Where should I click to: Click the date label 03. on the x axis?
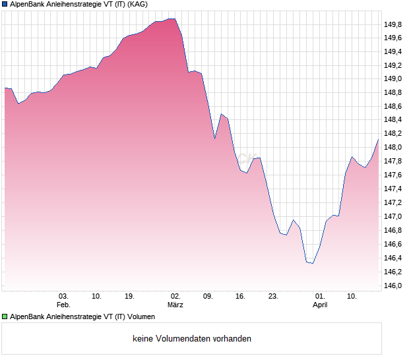(63, 296)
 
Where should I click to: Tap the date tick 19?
(129, 296)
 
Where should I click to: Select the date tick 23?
(273, 296)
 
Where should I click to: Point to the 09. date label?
(208, 296)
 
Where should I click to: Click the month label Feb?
(63, 305)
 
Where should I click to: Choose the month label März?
(175, 305)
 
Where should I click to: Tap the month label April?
(320, 305)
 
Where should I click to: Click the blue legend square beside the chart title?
(5, 4)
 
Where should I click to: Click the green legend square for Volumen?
(5, 316)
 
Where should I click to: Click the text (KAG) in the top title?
(137, 4)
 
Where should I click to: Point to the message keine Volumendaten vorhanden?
(192, 339)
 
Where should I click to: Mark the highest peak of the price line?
(172, 19)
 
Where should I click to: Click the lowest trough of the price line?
(312, 263)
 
